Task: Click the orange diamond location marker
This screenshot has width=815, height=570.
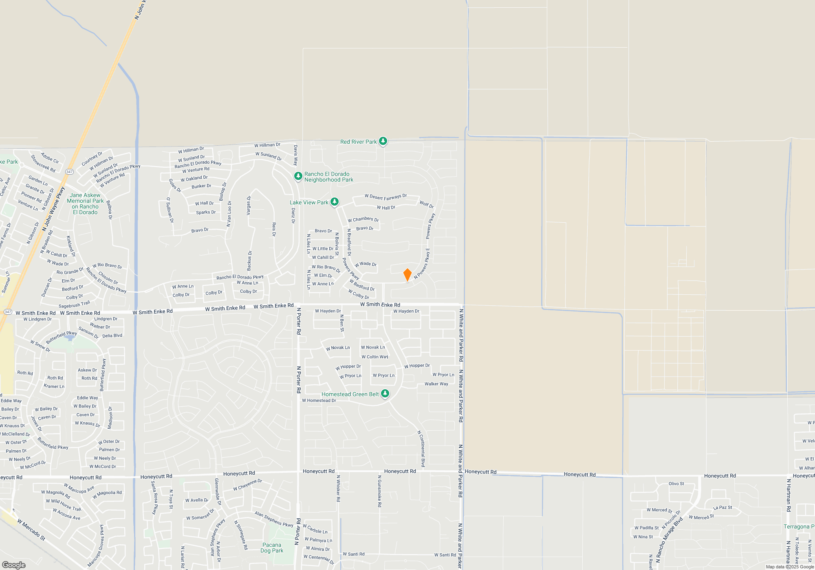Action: pyautogui.click(x=407, y=275)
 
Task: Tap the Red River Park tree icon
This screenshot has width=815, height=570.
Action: pyautogui.click(x=383, y=141)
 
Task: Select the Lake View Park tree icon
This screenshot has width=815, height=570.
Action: pyautogui.click(x=335, y=202)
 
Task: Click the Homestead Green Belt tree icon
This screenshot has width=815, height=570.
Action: pyautogui.click(x=385, y=394)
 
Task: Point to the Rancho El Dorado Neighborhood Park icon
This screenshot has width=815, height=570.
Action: pyautogui.click(x=298, y=176)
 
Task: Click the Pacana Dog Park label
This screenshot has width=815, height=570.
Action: pyautogui.click(x=272, y=548)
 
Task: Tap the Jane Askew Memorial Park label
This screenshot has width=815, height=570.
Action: pyautogui.click(x=85, y=204)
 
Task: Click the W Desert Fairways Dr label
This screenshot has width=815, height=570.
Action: pyautogui.click(x=385, y=197)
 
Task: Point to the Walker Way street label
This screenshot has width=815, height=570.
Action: pyautogui.click(x=436, y=384)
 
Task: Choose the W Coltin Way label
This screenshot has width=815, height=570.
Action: pyautogui.click(x=375, y=357)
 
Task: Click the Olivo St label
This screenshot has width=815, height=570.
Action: pyautogui.click(x=676, y=484)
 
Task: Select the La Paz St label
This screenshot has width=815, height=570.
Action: pyautogui.click(x=722, y=508)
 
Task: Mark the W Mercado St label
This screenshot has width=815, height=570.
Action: pyautogui.click(x=31, y=529)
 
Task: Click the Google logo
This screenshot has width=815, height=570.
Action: pyautogui.click(x=14, y=565)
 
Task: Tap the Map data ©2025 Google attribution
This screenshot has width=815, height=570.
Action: pyautogui.click(x=790, y=567)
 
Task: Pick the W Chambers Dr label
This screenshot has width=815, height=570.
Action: pyautogui.click(x=363, y=219)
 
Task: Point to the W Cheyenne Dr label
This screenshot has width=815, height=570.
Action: pyautogui.click(x=247, y=484)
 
